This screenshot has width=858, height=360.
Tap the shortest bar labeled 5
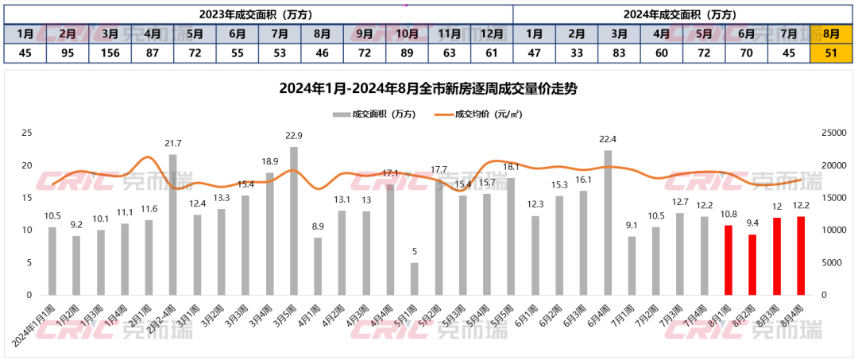tap(414, 278)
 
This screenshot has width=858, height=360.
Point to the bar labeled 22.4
tap(608, 222)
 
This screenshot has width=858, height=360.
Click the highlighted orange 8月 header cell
tap(831, 34)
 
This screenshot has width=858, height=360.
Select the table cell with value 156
tap(110, 53)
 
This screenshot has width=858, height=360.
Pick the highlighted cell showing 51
tap(831, 53)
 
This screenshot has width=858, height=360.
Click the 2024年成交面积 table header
tap(682, 14)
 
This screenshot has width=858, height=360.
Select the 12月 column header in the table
tap(492, 34)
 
